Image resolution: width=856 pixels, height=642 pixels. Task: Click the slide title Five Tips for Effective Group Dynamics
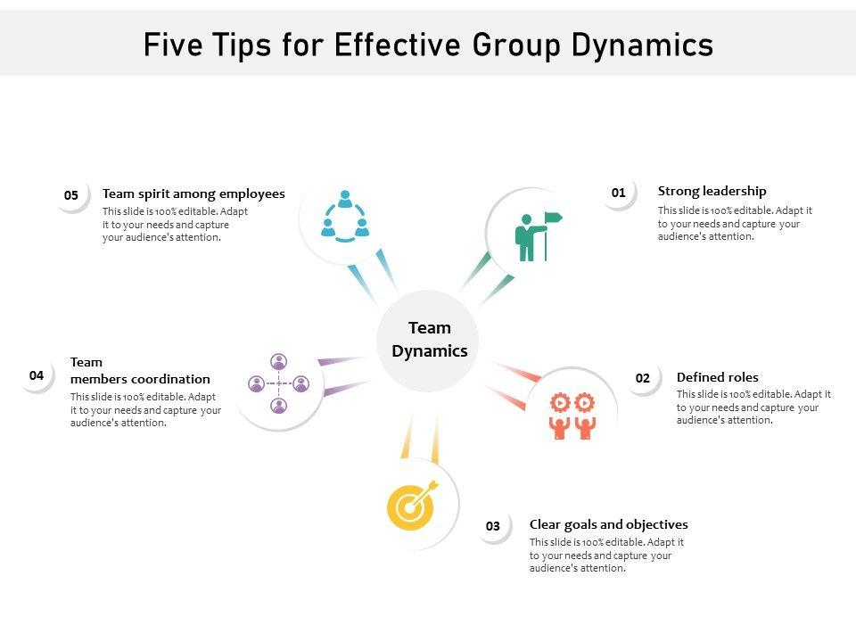coord(428,45)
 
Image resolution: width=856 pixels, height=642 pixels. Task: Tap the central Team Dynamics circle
coord(429,340)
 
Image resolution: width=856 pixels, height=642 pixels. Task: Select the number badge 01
coord(619,193)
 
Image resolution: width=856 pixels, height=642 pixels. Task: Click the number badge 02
coord(643,378)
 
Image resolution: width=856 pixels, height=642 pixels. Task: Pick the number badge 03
coord(493,526)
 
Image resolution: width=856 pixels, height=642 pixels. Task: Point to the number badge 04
coord(37,375)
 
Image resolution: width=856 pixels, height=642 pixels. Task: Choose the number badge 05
coord(71,195)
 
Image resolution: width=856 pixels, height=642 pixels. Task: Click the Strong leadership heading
coord(712,191)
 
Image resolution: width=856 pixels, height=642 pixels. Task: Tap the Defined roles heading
coord(717,377)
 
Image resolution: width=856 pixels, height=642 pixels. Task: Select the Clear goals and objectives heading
coord(608,524)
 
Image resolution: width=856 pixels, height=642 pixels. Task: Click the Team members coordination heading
coord(140,371)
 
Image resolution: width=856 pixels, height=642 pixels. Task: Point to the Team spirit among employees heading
coord(193,193)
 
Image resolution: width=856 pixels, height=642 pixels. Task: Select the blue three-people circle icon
coord(345,217)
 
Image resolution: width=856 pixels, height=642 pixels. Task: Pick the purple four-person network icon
coord(279,384)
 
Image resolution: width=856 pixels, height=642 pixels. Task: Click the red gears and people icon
coord(572,416)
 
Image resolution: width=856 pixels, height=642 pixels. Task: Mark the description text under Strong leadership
coord(735,224)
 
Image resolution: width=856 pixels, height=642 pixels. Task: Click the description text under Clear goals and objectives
coord(606,555)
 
